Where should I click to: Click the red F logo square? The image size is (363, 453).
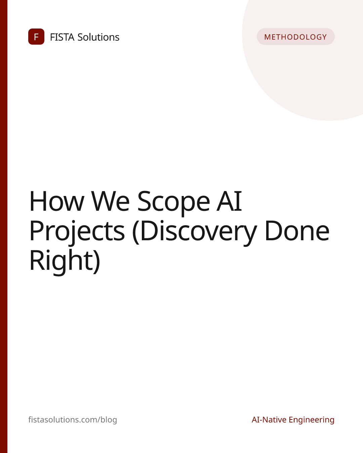[x=36, y=37]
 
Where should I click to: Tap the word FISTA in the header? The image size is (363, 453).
[x=62, y=37]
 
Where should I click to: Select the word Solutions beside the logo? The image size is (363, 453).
[x=98, y=37]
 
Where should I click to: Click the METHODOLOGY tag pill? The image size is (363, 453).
[x=295, y=37]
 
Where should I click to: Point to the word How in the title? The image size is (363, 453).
[x=57, y=201]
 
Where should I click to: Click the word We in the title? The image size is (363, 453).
[x=110, y=201]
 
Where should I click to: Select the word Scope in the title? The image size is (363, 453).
[x=173, y=203]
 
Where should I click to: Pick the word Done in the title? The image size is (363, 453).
[x=297, y=231]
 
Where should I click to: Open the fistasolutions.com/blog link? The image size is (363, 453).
[x=73, y=419]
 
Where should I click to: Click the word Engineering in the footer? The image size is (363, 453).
[x=312, y=420]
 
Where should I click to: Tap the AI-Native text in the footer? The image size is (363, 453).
[x=269, y=419]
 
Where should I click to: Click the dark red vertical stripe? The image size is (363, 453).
[x=4, y=226]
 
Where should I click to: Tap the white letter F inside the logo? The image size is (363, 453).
[x=36, y=37]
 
